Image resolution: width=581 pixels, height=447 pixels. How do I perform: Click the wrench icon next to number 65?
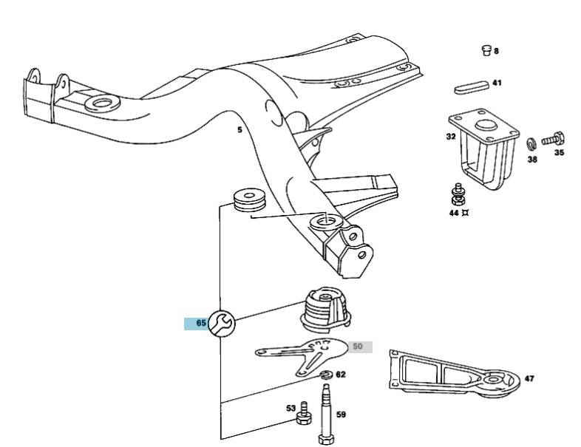tap(221, 322)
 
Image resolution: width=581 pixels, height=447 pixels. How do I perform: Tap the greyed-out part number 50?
tap(359, 347)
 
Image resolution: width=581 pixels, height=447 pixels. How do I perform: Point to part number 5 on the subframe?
tap(239, 131)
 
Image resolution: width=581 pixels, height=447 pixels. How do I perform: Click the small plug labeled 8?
tap(486, 51)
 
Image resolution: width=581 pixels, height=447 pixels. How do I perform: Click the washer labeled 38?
tap(531, 143)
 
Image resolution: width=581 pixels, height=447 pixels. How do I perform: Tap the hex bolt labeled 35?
tap(554, 138)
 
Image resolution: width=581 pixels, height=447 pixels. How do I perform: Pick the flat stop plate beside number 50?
tap(303, 355)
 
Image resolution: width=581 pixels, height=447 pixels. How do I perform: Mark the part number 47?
tap(529, 378)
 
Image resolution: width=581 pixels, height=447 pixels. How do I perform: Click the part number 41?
tap(497, 83)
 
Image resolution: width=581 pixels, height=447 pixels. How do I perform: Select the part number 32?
tap(451, 137)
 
